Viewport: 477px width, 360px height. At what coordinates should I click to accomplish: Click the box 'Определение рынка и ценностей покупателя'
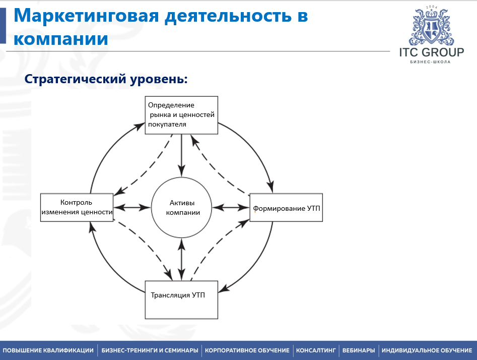[x=181, y=115]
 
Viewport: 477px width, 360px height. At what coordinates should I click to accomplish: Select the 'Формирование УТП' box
[x=286, y=207]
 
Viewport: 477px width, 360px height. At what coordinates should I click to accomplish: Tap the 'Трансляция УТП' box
[x=181, y=299]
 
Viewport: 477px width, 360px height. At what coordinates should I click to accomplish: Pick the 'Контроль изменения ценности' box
[x=77, y=207]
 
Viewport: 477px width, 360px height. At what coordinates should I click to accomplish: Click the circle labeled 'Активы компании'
[x=182, y=207]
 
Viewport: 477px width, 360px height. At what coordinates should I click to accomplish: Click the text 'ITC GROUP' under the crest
[x=432, y=52]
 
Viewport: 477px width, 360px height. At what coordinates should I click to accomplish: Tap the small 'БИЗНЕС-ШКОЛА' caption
[x=430, y=62]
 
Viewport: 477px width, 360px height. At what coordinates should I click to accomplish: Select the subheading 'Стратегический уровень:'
[x=106, y=79]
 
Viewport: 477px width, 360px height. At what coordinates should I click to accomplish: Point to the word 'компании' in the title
[x=61, y=39]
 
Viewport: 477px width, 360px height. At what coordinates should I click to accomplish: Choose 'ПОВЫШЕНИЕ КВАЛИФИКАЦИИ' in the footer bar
[x=48, y=350]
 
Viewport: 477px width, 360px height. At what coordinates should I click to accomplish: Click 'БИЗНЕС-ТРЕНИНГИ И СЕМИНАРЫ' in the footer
[x=150, y=350]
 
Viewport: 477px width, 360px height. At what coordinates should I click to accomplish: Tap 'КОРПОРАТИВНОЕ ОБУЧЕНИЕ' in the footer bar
[x=247, y=350]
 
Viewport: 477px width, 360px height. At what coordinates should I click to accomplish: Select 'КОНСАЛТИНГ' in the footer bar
[x=316, y=350]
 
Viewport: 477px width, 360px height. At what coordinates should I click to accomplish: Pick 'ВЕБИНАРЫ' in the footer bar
[x=359, y=350]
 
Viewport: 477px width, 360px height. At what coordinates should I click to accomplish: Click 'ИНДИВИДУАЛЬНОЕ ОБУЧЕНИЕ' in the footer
[x=427, y=350]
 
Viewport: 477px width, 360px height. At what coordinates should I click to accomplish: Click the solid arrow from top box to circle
[x=182, y=155]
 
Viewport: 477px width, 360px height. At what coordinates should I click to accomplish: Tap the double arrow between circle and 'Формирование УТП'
[x=231, y=208]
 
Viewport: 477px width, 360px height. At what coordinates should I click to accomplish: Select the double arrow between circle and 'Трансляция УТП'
[x=182, y=259]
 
